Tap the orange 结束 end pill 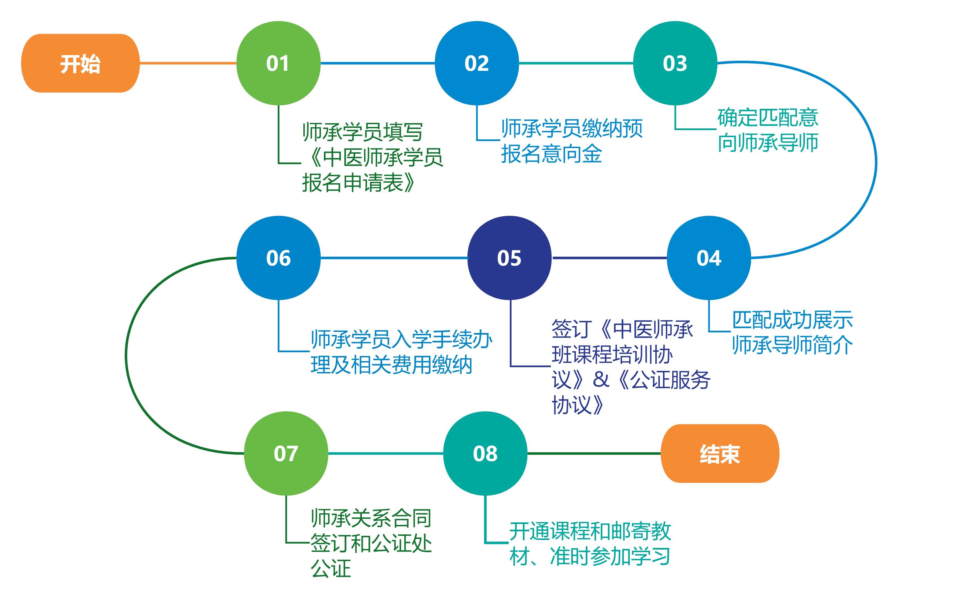click(720, 454)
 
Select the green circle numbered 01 click(278, 63)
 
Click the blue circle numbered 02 click(477, 63)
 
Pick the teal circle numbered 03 click(675, 63)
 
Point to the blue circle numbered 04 click(709, 258)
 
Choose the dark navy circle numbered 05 click(509, 258)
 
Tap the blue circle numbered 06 click(278, 258)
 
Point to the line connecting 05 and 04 click(609, 258)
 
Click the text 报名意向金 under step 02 click(552, 154)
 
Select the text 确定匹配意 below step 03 click(768, 117)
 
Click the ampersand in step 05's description click(601, 380)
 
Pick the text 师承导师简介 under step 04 click(792, 345)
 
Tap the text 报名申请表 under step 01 click(353, 183)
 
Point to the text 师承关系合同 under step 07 click(371, 518)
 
